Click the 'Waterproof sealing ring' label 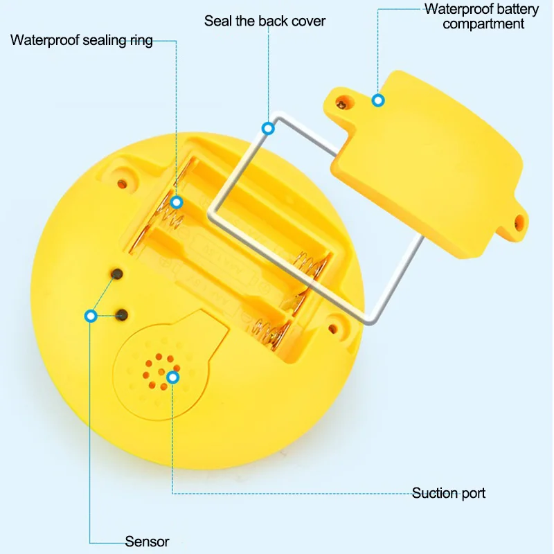(x=82, y=39)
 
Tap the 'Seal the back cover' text (x=265, y=21)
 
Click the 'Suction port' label (x=449, y=493)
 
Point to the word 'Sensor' (x=147, y=542)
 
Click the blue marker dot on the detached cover (x=378, y=100)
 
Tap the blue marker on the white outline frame (x=267, y=128)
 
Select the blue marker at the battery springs (x=177, y=202)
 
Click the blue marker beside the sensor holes (x=90, y=316)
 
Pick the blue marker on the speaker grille (x=172, y=377)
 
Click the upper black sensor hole (x=118, y=274)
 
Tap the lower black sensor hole (x=123, y=315)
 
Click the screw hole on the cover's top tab (x=341, y=104)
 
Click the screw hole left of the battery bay (x=123, y=184)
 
